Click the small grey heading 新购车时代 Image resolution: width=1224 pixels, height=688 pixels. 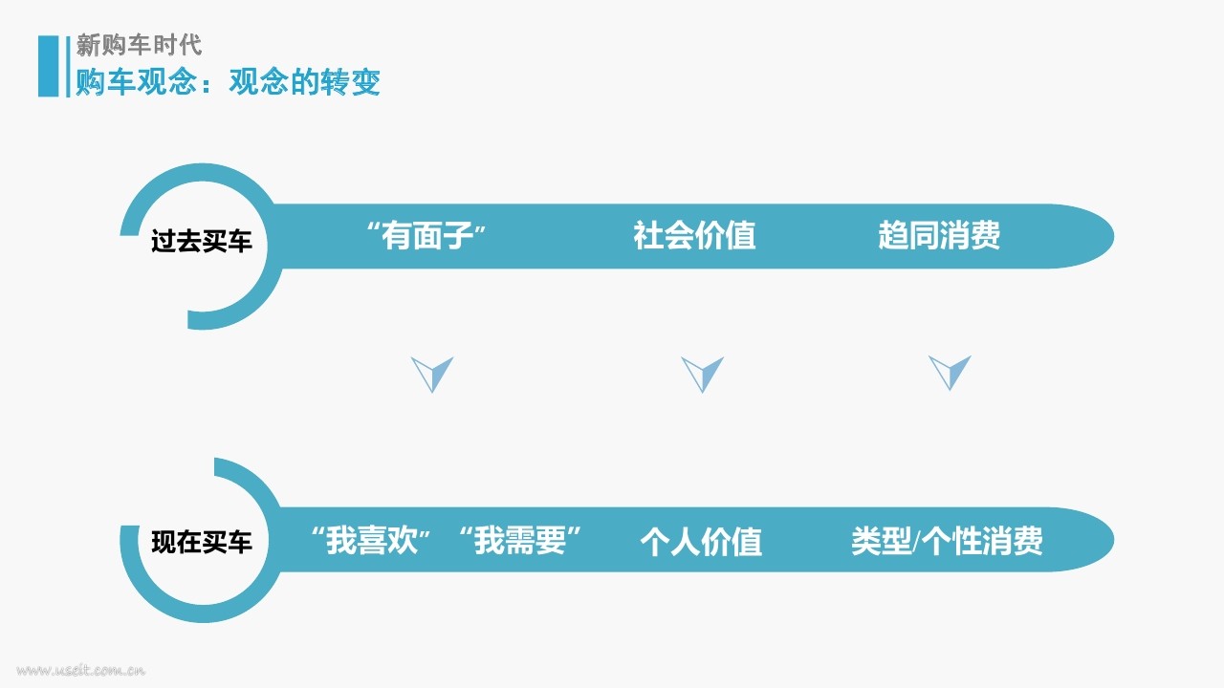(139, 45)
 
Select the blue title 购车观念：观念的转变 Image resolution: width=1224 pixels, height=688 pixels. (228, 82)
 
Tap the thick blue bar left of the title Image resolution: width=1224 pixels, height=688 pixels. (48, 66)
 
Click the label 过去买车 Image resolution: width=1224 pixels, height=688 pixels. (201, 241)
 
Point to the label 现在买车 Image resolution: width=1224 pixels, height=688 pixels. (201, 542)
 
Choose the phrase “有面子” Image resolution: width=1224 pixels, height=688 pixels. (426, 235)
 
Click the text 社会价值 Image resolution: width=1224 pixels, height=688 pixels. (694, 235)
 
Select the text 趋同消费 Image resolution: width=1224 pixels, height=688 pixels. (939, 235)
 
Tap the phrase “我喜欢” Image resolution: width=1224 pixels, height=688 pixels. (371, 541)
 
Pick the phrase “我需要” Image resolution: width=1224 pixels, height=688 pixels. (519, 541)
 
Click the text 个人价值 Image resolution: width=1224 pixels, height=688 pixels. (701, 542)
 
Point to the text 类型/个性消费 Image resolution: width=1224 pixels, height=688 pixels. (947, 541)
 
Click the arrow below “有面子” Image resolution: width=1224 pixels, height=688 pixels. (431, 375)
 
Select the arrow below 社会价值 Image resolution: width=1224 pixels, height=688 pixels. (702, 375)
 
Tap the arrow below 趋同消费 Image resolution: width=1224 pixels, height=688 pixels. (950, 373)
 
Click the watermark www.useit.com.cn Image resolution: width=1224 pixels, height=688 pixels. (81, 670)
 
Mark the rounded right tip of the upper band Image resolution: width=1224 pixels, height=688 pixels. (1112, 236)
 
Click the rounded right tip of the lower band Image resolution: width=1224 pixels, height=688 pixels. (1112, 540)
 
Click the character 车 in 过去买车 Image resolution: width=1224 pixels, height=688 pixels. (240, 241)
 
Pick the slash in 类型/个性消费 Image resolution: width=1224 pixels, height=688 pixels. (916, 542)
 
